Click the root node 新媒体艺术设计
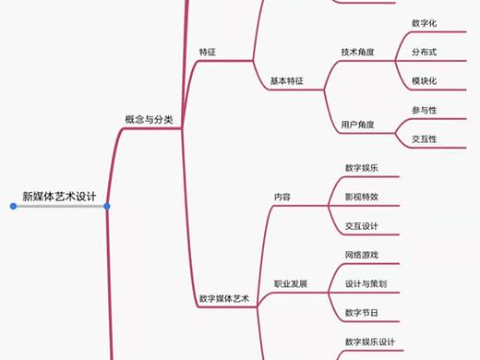tap(60, 197)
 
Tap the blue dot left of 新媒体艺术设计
tap(13, 207)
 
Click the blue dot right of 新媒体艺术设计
tap(108, 207)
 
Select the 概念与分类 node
tap(149, 119)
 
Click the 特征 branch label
tap(209, 52)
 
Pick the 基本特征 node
tap(286, 81)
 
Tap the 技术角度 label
tap(357, 52)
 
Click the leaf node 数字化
tap(424, 22)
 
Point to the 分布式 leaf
tap(424, 52)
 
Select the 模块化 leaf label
tap(424, 81)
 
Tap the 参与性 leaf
tap(424, 110)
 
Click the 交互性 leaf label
tap(424, 139)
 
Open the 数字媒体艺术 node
tap(224, 299)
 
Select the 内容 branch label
tap(282, 197)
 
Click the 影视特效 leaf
tap(361, 197)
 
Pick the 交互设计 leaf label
tap(361, 226)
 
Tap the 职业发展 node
tap(290, 283)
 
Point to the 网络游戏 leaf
tap(361, 255)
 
